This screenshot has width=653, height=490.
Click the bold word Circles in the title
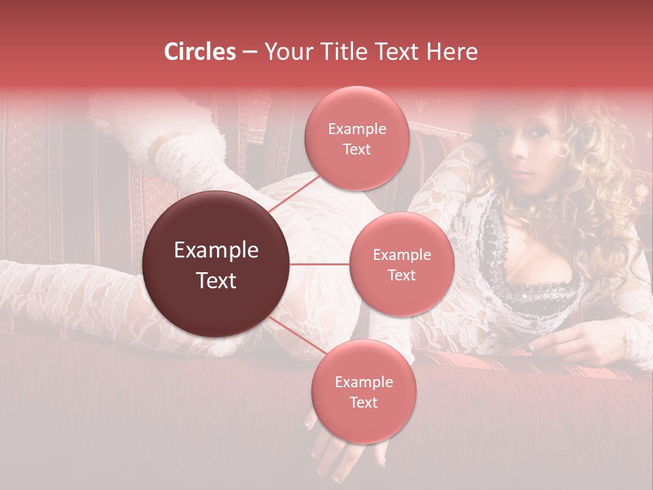click(200, 52)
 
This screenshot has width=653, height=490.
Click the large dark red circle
click(216, 264)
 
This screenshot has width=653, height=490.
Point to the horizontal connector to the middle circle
click(320, 264)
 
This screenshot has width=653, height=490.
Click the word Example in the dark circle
click(216, 250)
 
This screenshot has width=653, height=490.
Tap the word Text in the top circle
click(356, 149)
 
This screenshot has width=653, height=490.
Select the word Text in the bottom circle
click(363, 402)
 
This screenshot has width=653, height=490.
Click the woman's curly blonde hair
click(599, 177)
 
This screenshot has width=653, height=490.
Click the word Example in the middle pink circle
click(401, 255)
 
